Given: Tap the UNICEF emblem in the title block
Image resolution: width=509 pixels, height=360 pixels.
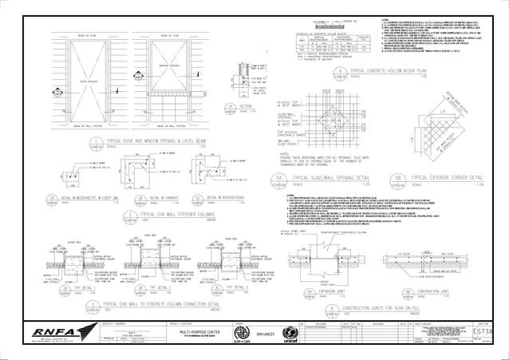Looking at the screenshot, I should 290,333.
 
